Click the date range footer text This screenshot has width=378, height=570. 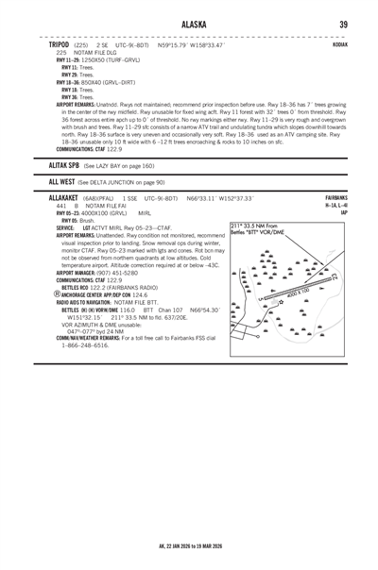tap(189, 545)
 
